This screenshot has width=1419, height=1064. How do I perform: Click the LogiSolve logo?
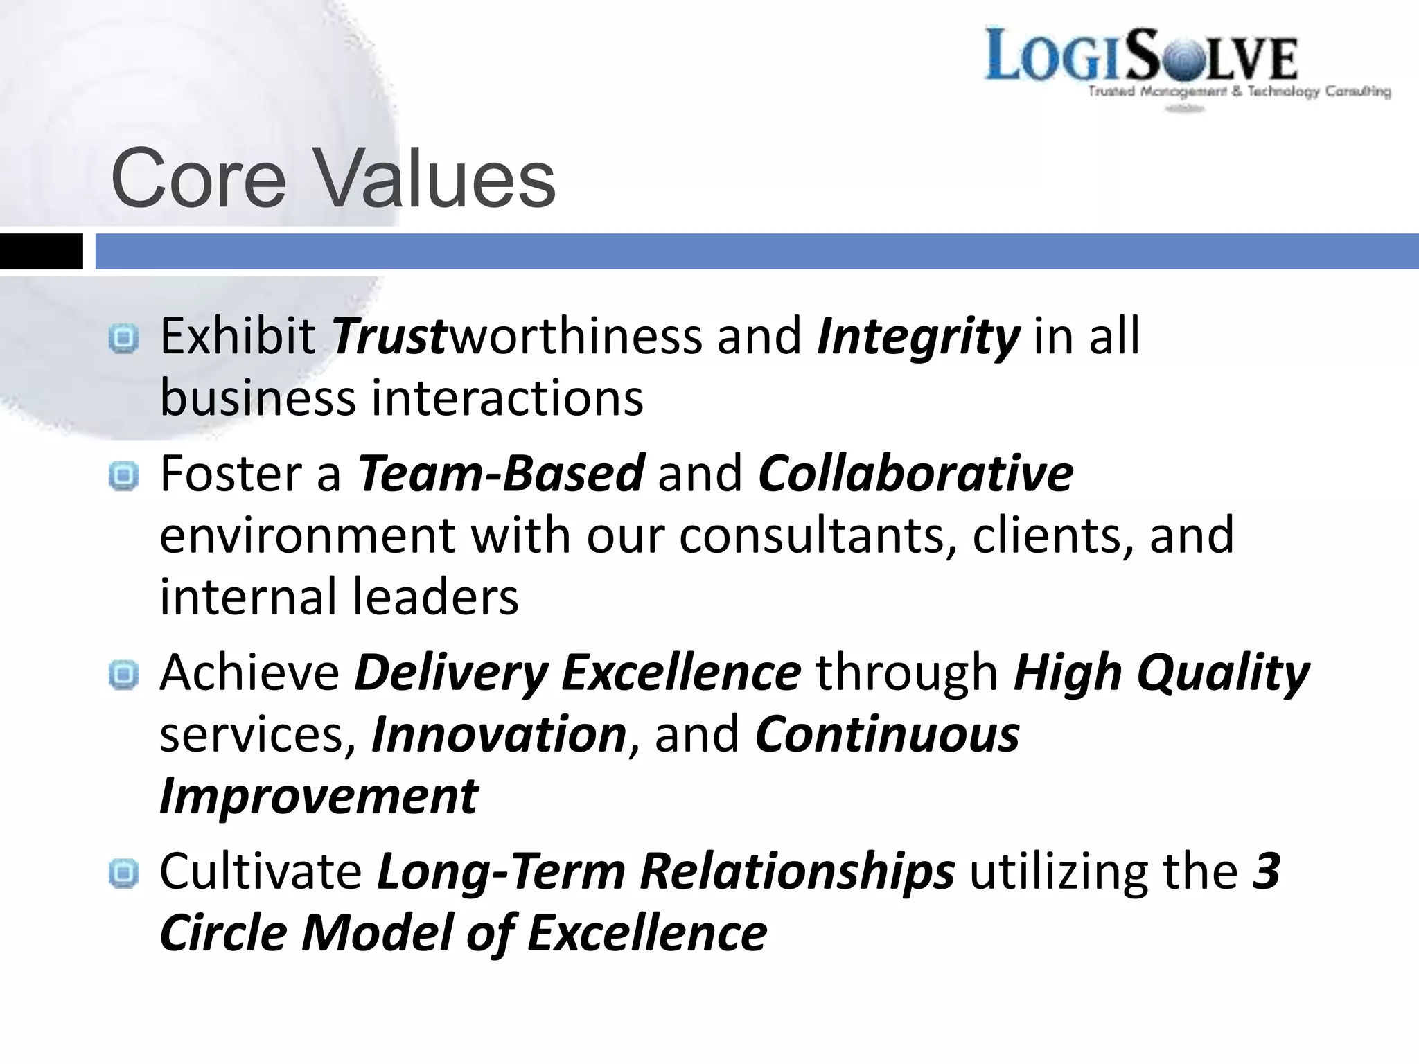coord(1140,55)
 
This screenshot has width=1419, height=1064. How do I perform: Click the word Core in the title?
coord(198,179)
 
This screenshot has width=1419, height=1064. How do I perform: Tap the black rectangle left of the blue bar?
coord(41,251)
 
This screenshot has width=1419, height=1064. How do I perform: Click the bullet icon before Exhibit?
coord(124,339)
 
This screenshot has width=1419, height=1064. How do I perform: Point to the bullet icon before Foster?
coord(124,476)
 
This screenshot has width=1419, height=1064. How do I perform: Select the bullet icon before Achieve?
coord(124,675)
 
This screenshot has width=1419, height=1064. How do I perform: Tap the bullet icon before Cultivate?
coord(124,874)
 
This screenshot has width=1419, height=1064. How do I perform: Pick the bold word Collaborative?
coord(915,474)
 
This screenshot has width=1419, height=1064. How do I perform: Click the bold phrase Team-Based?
coord(501,474)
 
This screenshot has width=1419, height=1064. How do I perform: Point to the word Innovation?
coord(499,734)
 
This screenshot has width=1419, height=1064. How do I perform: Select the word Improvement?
coord(319,796)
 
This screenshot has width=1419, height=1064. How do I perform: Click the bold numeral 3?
coord(1266,871)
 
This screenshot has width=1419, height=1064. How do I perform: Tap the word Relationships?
coord(797,871)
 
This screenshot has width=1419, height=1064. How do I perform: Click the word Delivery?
coord(451,673)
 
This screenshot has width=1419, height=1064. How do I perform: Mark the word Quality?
coord(1223,673)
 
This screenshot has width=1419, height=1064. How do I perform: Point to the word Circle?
coord(223,933)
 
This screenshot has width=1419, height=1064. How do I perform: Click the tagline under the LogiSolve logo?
coord(1239,91)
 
